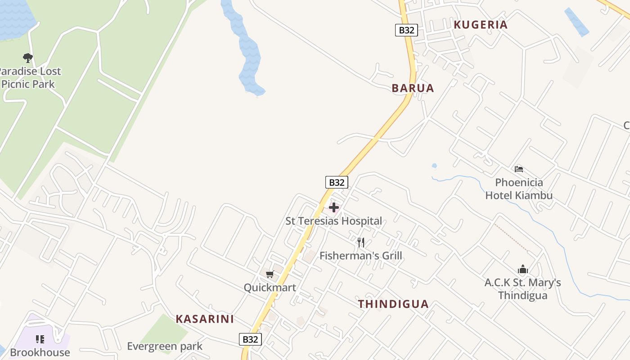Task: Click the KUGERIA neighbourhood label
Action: point(481,25)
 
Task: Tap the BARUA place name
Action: point(413,88)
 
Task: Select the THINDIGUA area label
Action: point(393,304)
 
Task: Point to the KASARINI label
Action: point(205,319)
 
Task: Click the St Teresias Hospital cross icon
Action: point(334,207)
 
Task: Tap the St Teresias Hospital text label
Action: point(333,221)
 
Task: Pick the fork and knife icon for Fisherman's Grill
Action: point(361,243)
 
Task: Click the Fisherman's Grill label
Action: point(360,256)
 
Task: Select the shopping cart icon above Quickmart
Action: point(270,274)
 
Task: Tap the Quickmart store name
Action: point(270,288)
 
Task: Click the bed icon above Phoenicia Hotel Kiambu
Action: point(519,169)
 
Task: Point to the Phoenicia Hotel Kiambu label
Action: point(519,189)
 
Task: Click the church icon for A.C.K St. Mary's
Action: point(523,269)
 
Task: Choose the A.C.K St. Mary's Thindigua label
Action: point(523,289)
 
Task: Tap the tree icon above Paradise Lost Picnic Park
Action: point(28,58)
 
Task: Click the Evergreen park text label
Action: point(165,346)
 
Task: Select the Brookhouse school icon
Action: point(40,339)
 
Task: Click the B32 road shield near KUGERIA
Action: point(406,30)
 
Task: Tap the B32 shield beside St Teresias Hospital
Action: point(337,182)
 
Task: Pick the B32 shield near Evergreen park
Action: point(250,339)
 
